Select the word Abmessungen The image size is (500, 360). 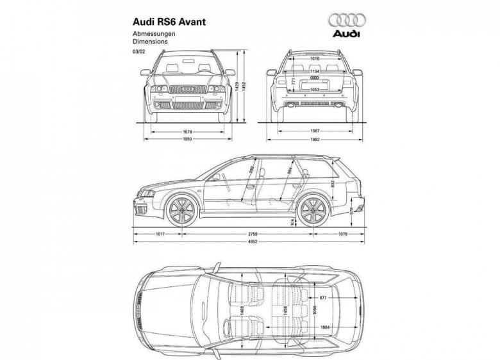[x=151, y=33]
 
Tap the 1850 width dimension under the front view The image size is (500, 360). [x=187, y=138]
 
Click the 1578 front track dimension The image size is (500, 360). [x=187, y=130]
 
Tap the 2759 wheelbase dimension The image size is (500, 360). [x=254, y=234]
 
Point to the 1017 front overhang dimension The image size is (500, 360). [x=160, y=234]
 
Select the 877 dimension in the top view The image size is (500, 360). [x=322, y=298]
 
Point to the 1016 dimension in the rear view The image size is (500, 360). [x=313, y=59]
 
